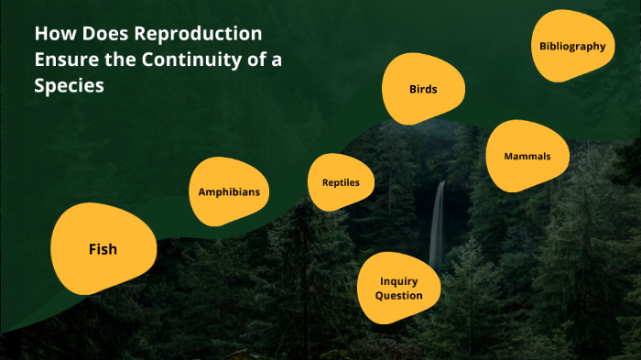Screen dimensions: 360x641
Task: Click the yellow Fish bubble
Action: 103,249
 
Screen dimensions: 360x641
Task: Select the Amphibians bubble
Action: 229,192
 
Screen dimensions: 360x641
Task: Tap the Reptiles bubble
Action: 341,182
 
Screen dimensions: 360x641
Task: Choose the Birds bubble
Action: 423,90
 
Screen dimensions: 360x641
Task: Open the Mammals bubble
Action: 527,157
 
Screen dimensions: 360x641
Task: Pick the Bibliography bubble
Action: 572,46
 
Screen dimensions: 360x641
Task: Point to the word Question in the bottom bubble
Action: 398,296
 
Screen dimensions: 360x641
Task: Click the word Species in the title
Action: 70,88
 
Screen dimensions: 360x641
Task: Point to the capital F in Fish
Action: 92,249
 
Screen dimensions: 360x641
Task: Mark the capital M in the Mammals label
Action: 508,157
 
